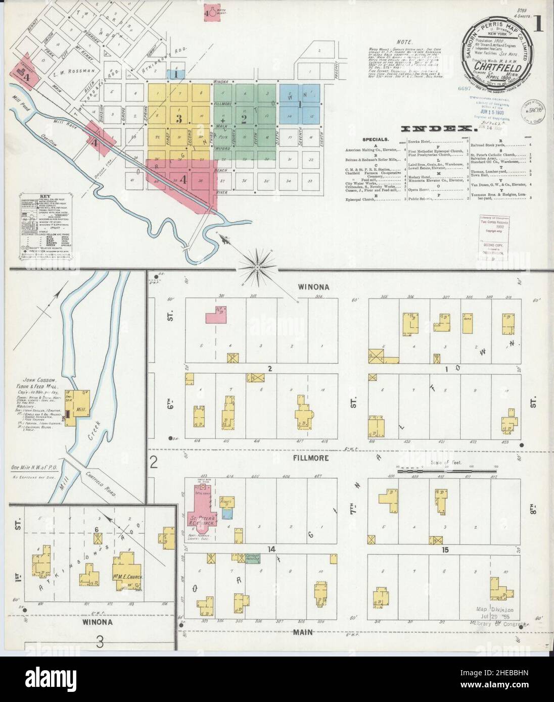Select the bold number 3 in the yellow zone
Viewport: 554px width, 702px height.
[178, 119]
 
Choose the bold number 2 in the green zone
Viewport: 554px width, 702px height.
[243, 119]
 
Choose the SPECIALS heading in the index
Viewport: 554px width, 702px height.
[376, 138]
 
